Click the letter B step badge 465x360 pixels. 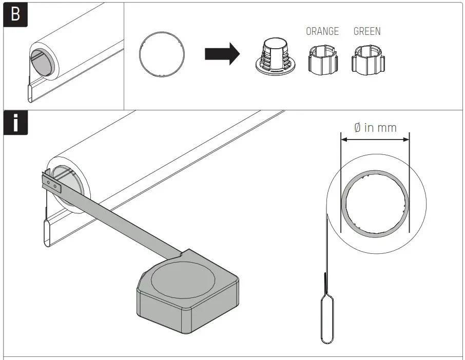15,14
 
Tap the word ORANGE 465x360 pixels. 322,31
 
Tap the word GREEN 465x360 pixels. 367,31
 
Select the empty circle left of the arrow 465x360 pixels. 162,55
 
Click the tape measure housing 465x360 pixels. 187,290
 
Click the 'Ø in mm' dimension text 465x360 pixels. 375,127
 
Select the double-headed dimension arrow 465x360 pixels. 375,139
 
